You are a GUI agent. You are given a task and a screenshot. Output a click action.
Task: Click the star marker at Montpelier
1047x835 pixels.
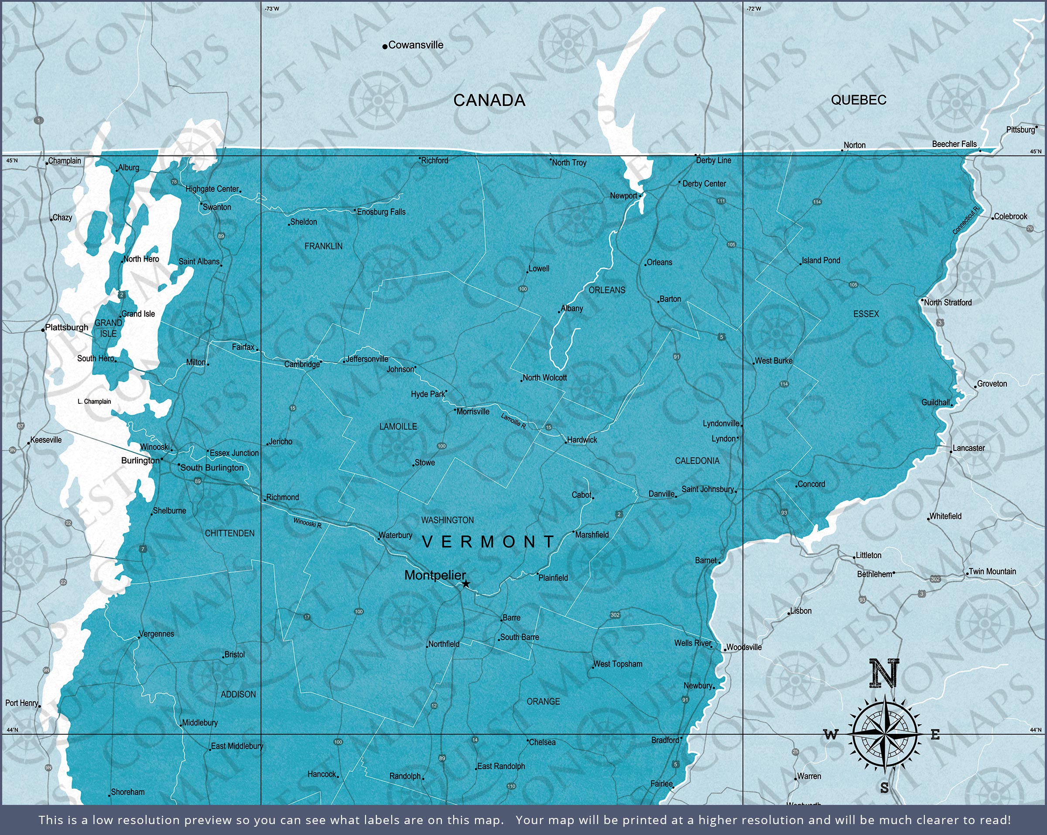466,584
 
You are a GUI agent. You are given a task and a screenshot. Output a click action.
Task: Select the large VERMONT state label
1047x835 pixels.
488,542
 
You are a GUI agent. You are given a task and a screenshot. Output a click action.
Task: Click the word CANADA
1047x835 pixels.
489,100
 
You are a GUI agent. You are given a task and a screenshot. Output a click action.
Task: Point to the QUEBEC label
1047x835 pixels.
859,100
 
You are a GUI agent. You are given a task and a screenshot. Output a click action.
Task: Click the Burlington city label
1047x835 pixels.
140,460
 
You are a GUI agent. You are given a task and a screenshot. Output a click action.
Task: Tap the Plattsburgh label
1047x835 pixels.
67,327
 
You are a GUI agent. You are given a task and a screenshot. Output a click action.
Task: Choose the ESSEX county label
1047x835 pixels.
866,314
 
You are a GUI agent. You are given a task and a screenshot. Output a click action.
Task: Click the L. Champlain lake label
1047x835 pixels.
94,402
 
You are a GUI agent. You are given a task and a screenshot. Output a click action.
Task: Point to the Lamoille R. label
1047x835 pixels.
513,421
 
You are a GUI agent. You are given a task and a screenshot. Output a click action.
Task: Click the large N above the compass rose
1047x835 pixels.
884,673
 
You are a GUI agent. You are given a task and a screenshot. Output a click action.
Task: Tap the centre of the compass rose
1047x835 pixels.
885,735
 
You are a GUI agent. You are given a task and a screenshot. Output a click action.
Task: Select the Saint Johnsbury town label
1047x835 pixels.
707,489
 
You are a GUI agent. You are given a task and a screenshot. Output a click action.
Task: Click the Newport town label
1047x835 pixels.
623,196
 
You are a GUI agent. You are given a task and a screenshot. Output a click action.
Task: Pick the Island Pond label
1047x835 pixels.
821,260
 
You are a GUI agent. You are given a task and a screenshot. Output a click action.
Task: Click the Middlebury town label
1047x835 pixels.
200,723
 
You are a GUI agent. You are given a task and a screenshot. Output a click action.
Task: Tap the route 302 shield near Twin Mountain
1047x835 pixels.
935,579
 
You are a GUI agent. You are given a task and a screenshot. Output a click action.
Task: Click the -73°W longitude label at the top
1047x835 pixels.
272,9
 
